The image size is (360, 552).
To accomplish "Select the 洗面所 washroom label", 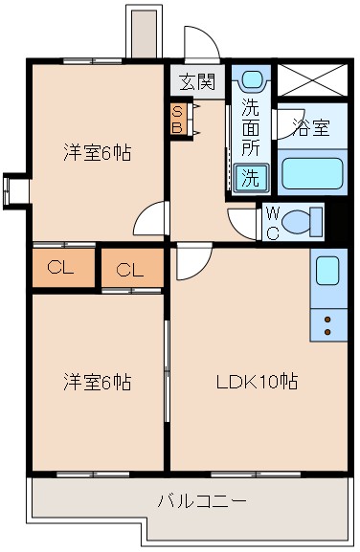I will (x=250, y=127).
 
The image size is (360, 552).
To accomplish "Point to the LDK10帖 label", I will (x=256, y=382).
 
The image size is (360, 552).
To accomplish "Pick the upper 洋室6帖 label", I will (x=97, y=151).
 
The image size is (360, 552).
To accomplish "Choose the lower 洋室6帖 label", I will (x=97, y=382).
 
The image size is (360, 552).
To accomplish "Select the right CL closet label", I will (x=130, y=270).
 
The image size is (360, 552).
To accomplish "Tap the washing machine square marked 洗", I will (x=249, y=177).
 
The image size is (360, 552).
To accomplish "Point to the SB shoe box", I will (x=177, y=120).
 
